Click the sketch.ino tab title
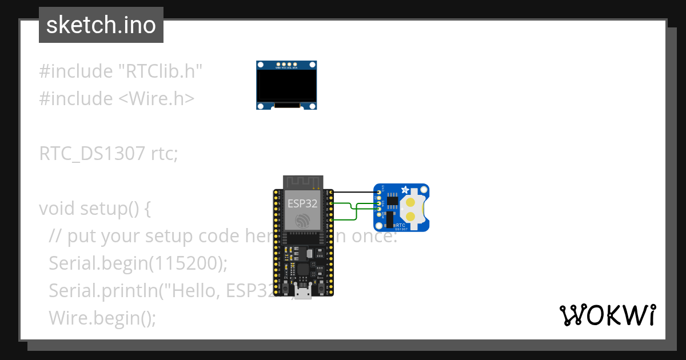[101, 25]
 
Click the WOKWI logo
[607, 315]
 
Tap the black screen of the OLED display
[286, 85]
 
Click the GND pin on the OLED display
[278, 63]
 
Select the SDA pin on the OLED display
[296, 63]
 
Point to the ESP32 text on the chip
[303, 202]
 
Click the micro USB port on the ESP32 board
[303, 292]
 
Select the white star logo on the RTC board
[405, 190]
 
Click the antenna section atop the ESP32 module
[303, 182]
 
